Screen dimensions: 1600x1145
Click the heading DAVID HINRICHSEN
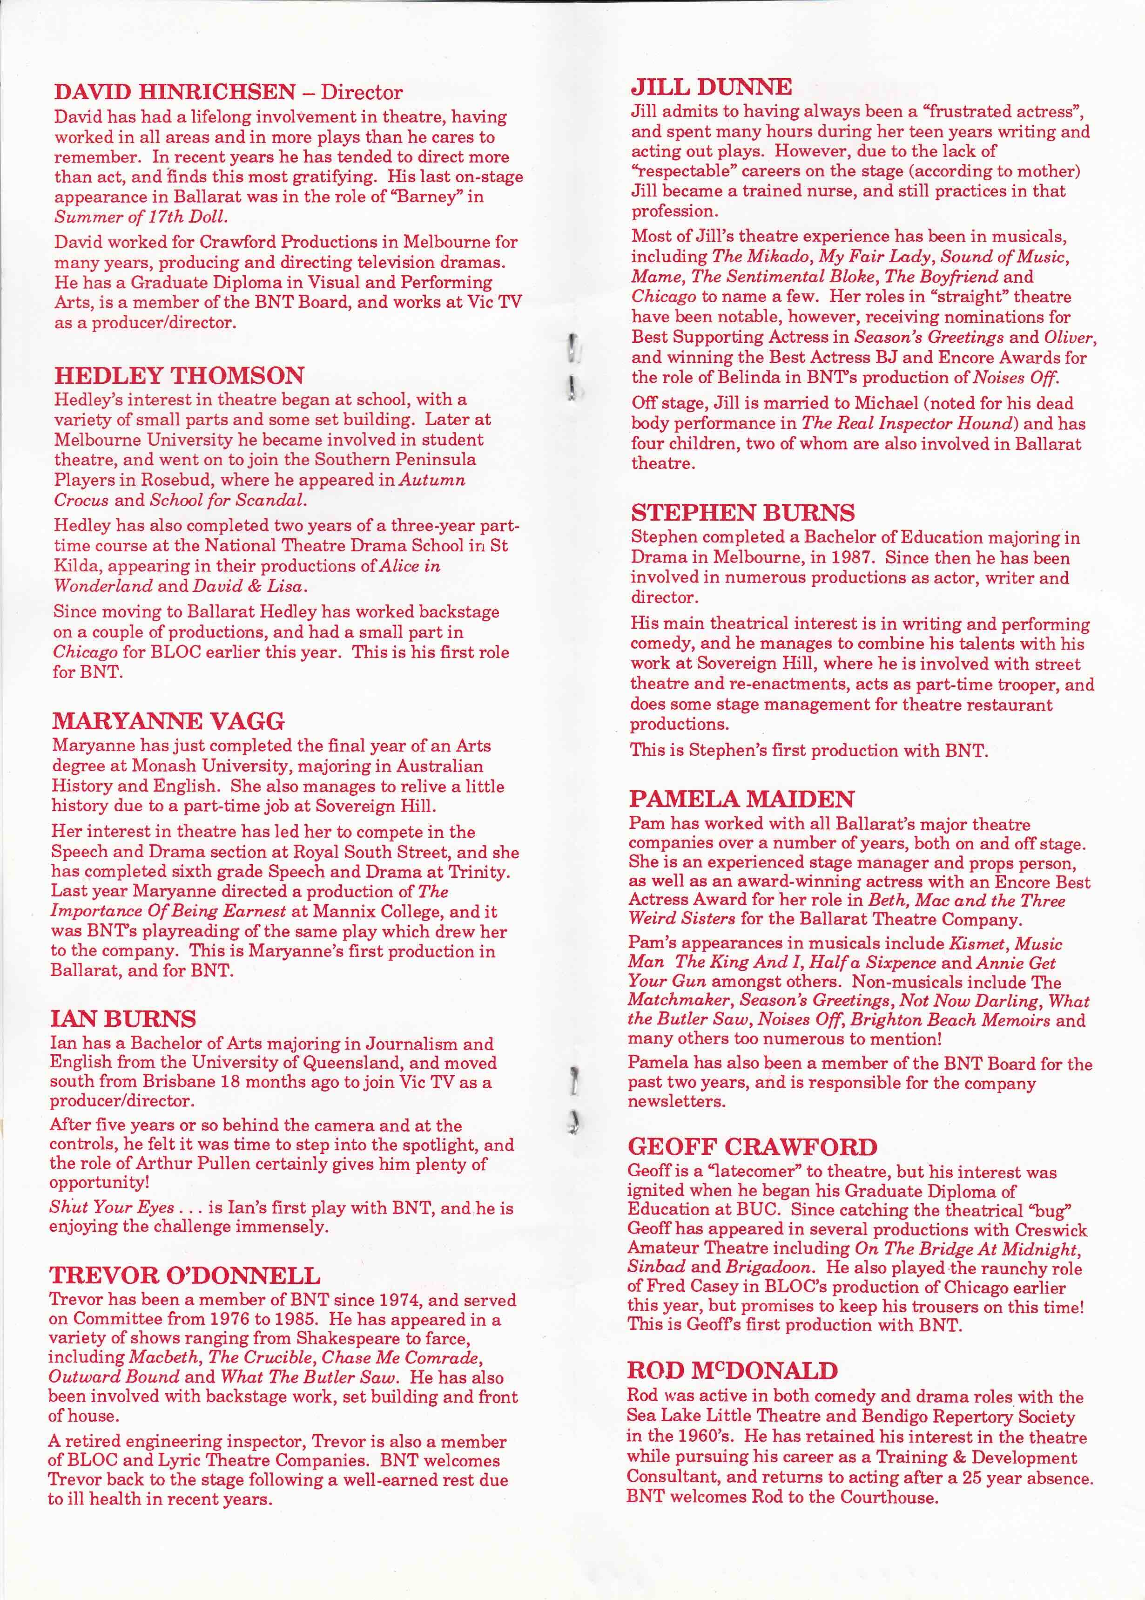(x=175, y=92)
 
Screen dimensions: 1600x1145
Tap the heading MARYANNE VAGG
(x=168, y=721)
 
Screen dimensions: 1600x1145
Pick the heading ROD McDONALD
(x=732, y=1370)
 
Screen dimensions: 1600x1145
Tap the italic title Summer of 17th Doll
(x=141, y=217)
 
